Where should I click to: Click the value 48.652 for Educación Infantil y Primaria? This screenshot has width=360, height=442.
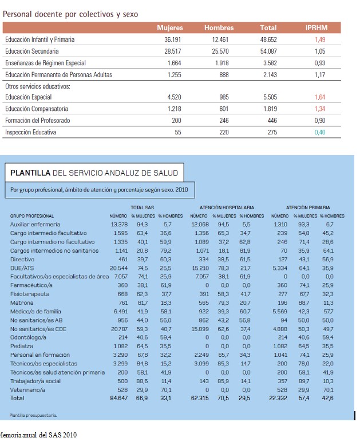point(268,39)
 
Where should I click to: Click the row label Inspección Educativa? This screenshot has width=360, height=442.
point(30,132)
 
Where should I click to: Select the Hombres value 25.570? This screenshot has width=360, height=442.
point(220,51)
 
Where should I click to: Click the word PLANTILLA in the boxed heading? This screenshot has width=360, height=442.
point(30,172)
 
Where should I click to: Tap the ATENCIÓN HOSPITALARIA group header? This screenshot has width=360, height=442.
point(227,207)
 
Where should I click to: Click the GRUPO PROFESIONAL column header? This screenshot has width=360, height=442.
point(32,216)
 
